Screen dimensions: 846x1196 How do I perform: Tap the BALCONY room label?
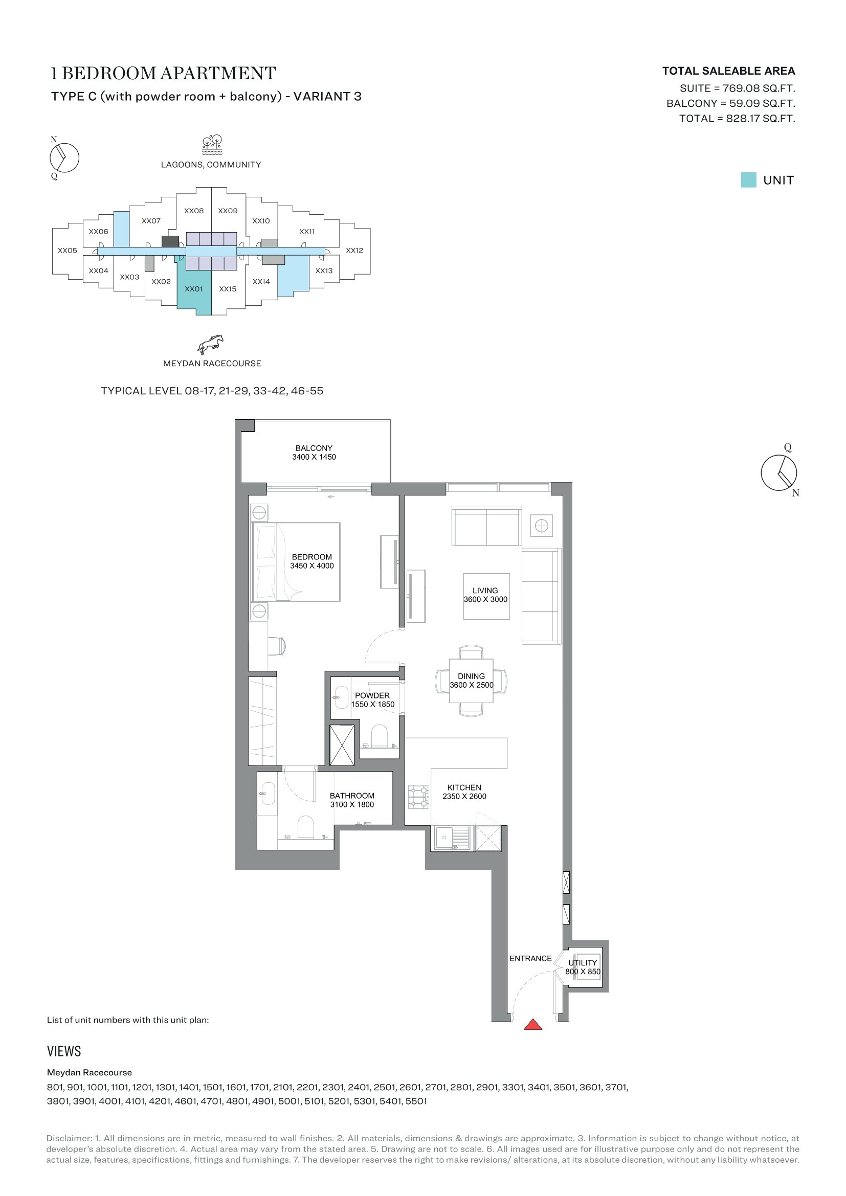(x=314, y=448)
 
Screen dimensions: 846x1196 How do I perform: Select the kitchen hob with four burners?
(x=418, y=797)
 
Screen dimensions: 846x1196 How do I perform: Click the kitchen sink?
(x=452, y=838)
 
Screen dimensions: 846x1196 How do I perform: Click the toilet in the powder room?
(x=379, y=736)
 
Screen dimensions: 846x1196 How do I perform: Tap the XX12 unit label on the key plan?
(x=354, y=251)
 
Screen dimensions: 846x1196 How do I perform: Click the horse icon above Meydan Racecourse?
(x=210, y=344)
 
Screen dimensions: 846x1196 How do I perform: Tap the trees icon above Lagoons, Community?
(x=212, y=145)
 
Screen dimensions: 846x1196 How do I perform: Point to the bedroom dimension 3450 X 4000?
(x=311, y=566)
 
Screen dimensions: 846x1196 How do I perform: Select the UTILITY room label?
(x=583, y=963)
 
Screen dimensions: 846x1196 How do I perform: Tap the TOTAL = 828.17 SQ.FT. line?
(x=737, y=118)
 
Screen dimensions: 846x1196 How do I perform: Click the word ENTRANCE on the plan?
(x=530, y=958)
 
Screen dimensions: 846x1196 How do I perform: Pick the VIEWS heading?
(x=64, y=1051)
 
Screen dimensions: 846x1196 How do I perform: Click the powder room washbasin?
(x=341, y=697)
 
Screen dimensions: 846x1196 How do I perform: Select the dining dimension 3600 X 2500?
(x=472, y=685)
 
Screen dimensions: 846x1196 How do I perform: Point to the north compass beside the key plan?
(x=64, y=157)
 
